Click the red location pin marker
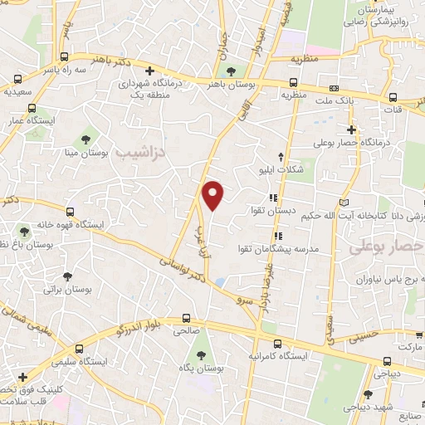213,194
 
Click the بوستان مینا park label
85,153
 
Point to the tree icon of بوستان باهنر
231,71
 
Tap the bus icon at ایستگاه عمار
31,108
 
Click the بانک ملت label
359,100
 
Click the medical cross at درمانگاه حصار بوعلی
352,129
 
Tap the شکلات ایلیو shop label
305,170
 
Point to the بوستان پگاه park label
200,368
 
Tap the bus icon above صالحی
188,318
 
